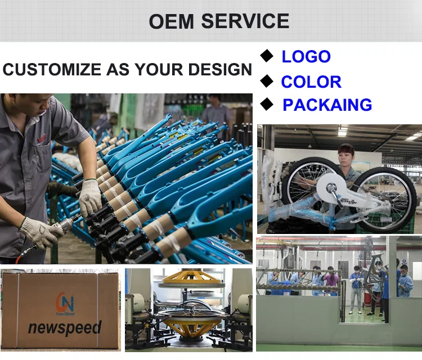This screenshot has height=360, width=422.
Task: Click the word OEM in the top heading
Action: pyautogui.click(x=172, y=21)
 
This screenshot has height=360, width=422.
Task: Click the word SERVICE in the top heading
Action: pyautogui.click(x=245, y=21)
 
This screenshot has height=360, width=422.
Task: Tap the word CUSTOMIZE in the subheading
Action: pyautogui.click(x=52, y=69)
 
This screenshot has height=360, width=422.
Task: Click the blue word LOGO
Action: pyautogui.click(x=306, y=56)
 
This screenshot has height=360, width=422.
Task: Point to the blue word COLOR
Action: pyautogui.click(x=311, y=82)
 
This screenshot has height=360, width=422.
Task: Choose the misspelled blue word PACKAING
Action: pyautogui.click(x=327, y=105)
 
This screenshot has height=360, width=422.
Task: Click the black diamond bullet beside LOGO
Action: pyautogui.click(x=267, y=56)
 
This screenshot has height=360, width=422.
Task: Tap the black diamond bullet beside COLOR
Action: pyautogui.click(x=267, y=81)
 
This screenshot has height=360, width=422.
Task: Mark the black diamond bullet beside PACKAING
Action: pyautogui.click(x=267, y=104)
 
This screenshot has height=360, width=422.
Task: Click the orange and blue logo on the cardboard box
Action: pyautogui.click(x=65, y=304)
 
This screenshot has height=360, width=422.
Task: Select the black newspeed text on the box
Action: pyautogui.click(x=65, y=328)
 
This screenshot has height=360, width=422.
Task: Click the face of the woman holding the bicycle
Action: pyautogui.click(x=345, y=157)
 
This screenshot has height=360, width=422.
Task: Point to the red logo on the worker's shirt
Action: pyautogui.click(x=42, y=138)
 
